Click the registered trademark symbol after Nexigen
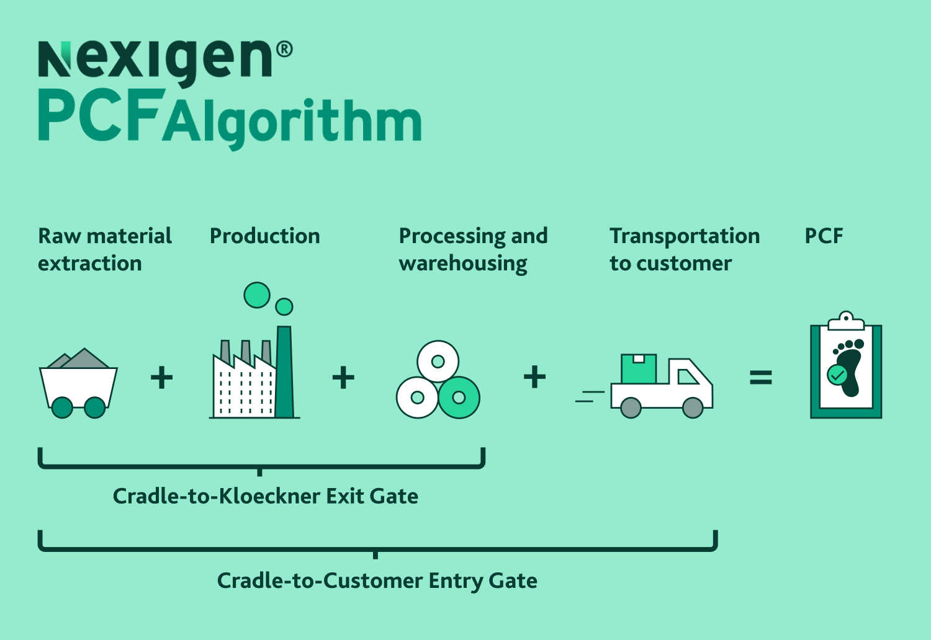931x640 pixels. click(284, 50)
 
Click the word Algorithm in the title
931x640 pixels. click(292, 121)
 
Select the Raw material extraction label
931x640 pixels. click(104, 249)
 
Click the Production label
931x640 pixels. click(264, 236)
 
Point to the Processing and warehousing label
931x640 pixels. click(473, 249)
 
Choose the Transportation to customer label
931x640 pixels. click(684, 249)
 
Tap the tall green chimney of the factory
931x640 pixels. click(284, 372)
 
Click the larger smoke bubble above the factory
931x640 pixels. click(257, 295)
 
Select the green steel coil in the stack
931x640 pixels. click(459, 398)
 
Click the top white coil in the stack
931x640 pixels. click(438, 361)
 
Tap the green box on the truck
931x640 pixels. click(639, 368)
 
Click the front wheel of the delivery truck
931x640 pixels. click(693, 407)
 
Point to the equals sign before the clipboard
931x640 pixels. click(760, 377)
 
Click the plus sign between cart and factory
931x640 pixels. click(161, 377)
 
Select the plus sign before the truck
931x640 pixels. click(534, 376)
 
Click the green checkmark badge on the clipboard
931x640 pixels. click(837, 375)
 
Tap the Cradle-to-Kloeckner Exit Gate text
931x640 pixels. click(265, 496)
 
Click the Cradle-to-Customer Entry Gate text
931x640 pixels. click(377, 580)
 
